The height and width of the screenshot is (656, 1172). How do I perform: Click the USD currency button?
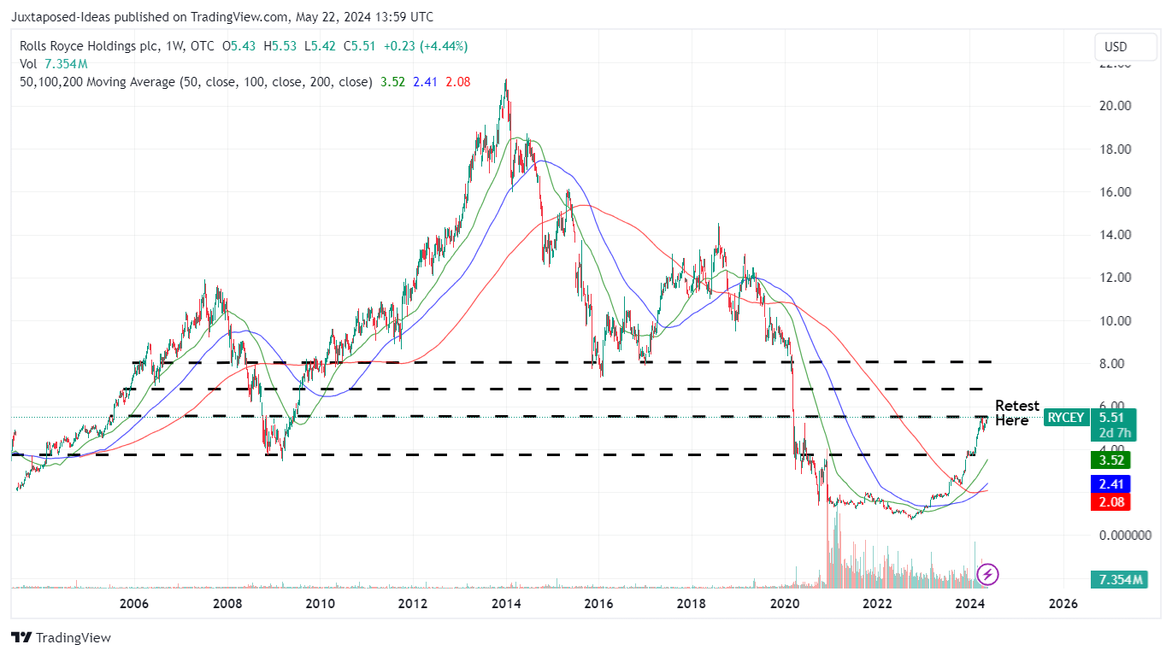pyautogui.click(x=1116, y=47)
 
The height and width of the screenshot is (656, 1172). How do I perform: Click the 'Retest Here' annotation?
pyautogui.click(x=1016, y=413)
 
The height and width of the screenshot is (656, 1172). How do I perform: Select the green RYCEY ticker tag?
pyautogui.click(x=1066, y=418)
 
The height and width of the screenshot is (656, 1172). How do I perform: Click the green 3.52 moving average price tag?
pyautogui.click(x=1115, y=460)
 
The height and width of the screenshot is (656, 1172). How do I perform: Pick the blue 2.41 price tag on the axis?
pyautogui.click(x=1115, y=483)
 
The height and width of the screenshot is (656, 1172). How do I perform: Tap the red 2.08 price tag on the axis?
pyautogui.click(x=1115, y=502)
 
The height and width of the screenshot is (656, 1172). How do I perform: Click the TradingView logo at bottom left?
pyautogui.click(x=61, y=637)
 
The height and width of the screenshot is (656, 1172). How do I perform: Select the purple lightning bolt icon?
pyautogui.click(x=988, y=574)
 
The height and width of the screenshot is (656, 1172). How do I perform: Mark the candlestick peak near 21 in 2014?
pyautogui.click(x=506, y=81)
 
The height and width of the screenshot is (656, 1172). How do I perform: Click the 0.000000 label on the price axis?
pyautogui.click(x=1124, y=536)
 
